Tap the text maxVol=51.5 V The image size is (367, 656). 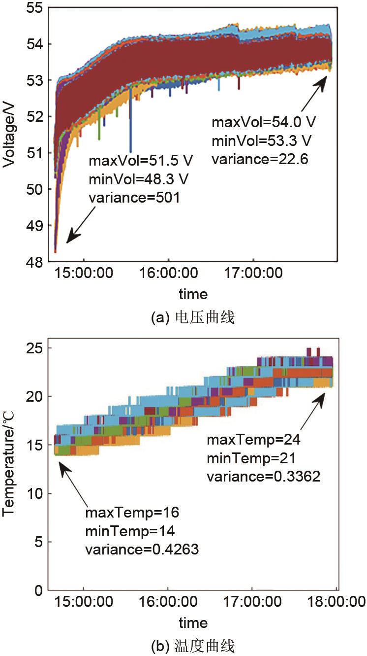click(x=141, y=161)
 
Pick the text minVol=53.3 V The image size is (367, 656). click(x=262, y=141)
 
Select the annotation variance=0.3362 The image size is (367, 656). click(x=263, y=476)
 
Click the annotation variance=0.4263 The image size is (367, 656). click(x=142, y=550)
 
